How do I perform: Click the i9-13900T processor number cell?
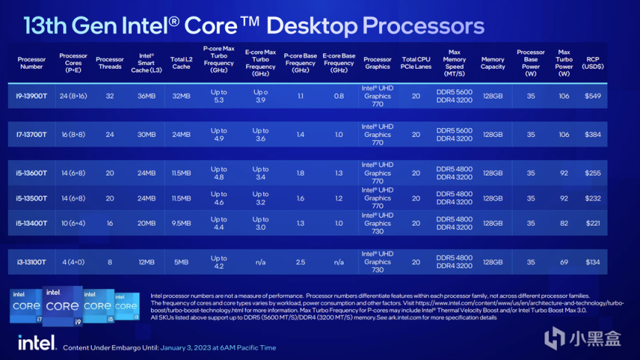[x=32, y=96]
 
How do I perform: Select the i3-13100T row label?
[x=32, y=261]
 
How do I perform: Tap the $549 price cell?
[x=593, y=96]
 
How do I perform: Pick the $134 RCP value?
[x=593, y=261]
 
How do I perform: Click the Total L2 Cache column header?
[x=181, y=63]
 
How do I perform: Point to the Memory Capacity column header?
[x=493, y=63]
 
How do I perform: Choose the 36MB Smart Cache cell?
[x=146, y=96]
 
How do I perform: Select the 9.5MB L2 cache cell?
[x=181, y=223]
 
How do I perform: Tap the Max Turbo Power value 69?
[x=564, y=261]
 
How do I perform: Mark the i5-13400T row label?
[x=32, y=223]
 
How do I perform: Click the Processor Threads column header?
[x=110, y=63]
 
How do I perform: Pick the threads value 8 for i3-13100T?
[x=110, y=261]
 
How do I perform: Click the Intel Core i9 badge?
[x=63, y=305]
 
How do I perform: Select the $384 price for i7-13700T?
[x=593, y=135]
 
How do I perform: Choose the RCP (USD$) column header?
[x=593, y=63]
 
